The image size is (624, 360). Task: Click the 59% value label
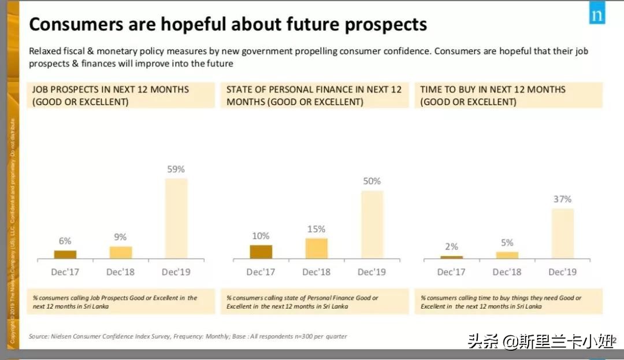click(176, 169)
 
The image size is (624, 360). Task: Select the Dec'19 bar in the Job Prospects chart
click(176, 218)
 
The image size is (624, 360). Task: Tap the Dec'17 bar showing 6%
click(65, 254)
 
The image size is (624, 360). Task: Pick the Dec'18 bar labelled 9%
click(121, 253)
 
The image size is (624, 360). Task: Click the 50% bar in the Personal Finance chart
click(372, 224)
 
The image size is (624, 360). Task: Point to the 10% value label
click(261, 236)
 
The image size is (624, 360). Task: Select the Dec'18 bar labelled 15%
click(316, 248)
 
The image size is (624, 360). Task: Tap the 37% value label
click(562, 199)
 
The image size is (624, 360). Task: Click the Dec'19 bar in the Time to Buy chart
click(562, 233)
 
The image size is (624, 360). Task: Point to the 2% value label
click(451, 247)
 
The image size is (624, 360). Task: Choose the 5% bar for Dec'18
click(507, 255)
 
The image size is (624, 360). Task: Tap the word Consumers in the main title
click(68, 25)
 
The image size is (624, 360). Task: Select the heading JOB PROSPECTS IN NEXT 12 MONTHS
click(110, 90)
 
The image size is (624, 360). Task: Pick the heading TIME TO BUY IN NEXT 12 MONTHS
click(493, 90)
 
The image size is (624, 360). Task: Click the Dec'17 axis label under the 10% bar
click(261, 272)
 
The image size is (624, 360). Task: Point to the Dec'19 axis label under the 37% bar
click(562, 272)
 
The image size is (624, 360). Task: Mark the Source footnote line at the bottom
click(188, 336)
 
